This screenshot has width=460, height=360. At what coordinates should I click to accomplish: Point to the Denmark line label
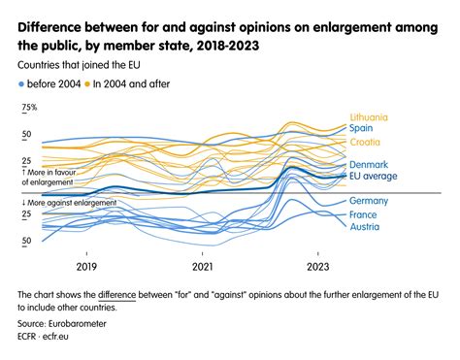(x=370, y=164)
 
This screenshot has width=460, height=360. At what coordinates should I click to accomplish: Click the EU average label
(x=375, y=177)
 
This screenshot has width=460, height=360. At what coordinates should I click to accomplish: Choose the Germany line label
(x=370, y=201)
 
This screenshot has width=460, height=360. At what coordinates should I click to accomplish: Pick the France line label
(x=365, y=214)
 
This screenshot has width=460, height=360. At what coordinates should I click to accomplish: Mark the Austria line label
(x=365, y=228)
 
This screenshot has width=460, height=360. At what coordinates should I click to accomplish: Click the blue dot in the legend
(x=21, y=84)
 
